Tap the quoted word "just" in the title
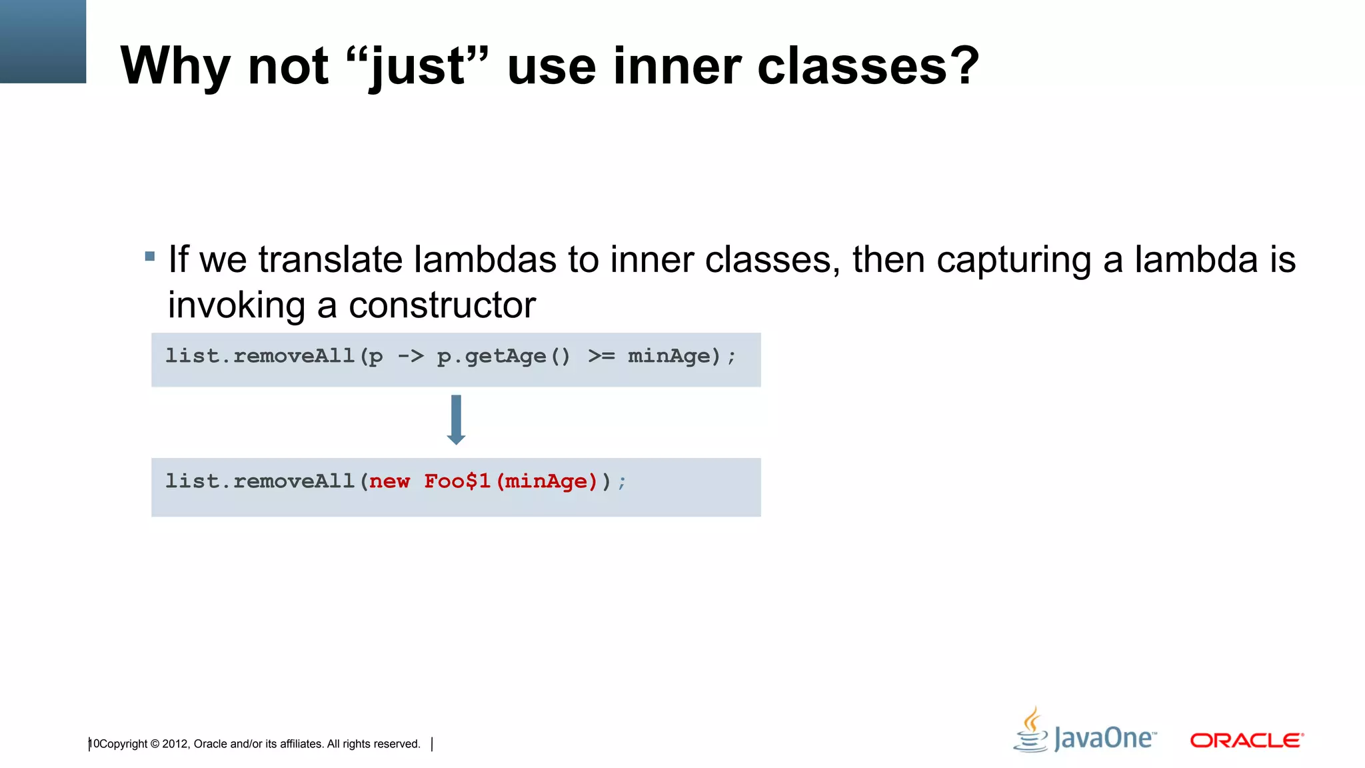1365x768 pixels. (418, 67)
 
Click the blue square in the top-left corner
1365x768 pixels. (43, 41)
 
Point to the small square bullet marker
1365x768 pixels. (150, 256)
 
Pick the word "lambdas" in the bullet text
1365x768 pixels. (485, 259)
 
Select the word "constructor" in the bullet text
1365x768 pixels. (442, 305)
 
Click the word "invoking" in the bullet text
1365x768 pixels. (236, 305)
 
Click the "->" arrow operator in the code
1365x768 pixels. (411, 356)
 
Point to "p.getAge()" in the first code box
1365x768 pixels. (503, 356)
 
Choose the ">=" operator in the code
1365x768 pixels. (601, 356)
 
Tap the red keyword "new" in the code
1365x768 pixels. (389, 481)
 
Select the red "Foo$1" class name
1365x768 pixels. (457, 481)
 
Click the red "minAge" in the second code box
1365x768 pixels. (546, 481)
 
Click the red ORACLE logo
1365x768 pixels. (1246, 741)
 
